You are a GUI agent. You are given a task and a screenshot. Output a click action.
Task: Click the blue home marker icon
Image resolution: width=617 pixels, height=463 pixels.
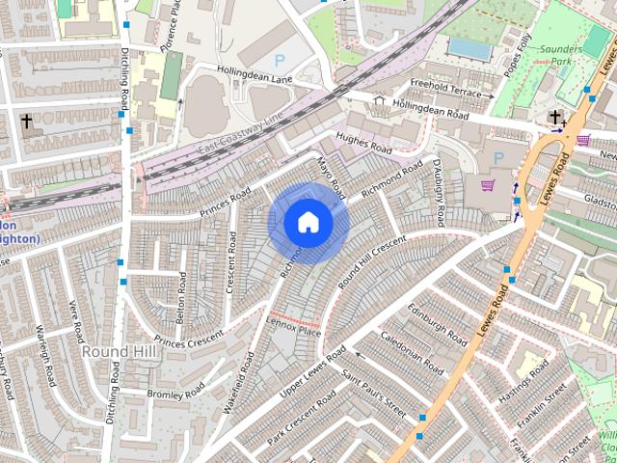coord(308,223)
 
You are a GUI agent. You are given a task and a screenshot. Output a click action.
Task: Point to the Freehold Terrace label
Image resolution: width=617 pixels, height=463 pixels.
coord(444,89)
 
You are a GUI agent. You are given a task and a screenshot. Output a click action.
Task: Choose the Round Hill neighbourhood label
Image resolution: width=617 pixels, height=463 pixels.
coord(112,352)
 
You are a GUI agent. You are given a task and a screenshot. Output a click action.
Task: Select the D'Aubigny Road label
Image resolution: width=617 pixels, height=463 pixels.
coord(439,193)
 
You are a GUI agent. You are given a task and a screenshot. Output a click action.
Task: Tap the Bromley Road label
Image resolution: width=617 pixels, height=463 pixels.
coord(176,391)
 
